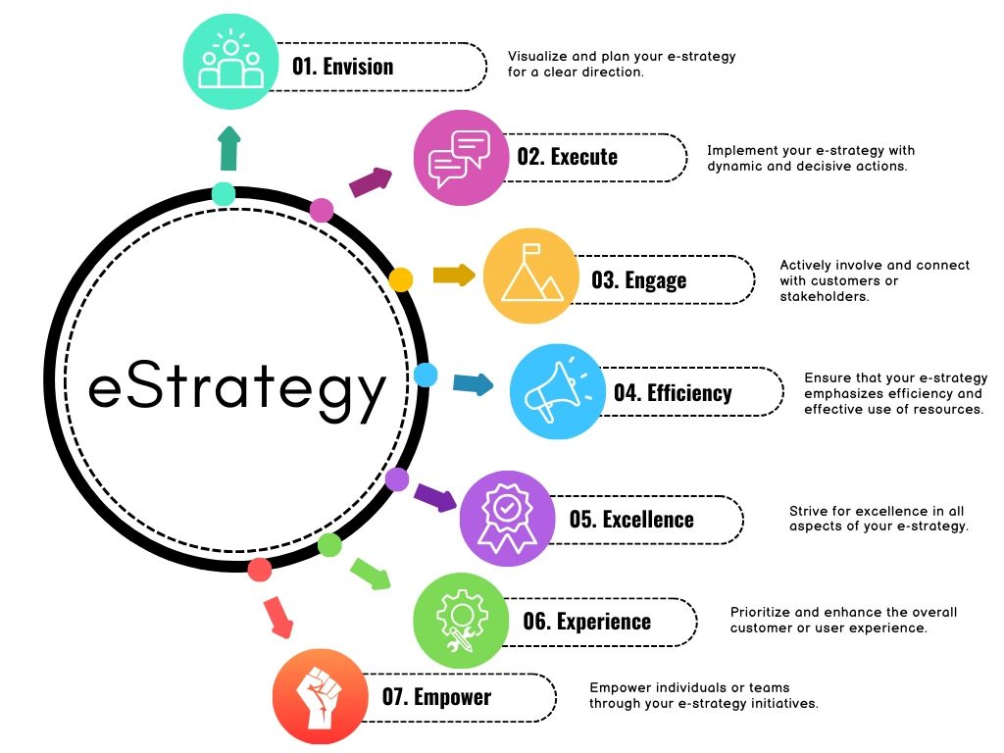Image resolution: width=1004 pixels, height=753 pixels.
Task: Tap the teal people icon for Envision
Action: (231, 62)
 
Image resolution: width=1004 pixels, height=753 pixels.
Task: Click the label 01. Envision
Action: (342, 67)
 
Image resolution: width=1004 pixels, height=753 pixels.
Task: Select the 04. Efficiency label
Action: (673, 393)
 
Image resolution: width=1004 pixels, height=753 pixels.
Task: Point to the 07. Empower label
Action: (436, 697)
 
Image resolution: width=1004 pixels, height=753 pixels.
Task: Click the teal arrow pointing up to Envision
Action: (228, 148)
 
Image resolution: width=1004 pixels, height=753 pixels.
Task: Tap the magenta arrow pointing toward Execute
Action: (371, 180)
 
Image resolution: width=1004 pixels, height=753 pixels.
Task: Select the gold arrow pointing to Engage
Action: (454, 275)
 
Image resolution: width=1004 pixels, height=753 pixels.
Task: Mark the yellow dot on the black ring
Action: (400, 279)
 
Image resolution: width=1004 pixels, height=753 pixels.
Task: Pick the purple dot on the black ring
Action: (397, 479)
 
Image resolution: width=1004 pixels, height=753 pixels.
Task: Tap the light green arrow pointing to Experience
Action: (371, 573)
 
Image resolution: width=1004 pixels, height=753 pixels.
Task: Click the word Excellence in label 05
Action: (648, 520)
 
